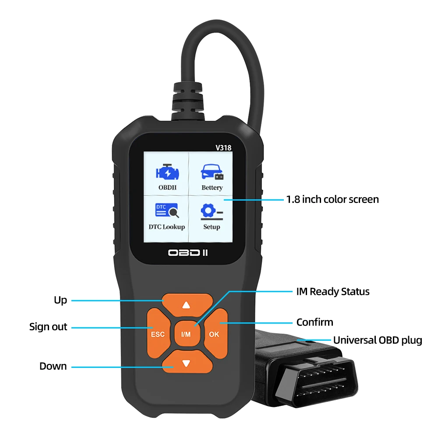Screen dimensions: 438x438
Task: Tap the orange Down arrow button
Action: click(x=187, y=362)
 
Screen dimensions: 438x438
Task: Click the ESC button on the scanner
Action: click(x=157, y=333)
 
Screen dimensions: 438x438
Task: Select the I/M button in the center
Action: click(x=186, y=334)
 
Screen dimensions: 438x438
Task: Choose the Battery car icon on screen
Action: click(x=212, y=171)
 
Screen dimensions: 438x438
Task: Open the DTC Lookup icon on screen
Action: click(x=166, y=211)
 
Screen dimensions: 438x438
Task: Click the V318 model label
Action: click(x=223, y=148)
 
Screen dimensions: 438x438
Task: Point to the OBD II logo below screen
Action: click(x=187, y=253)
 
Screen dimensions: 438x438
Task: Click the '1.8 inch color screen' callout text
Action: click(x=332, y=199)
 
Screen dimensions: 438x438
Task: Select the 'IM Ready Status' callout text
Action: click(x=333, y=291)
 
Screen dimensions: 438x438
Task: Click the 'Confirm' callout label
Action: click(x=314, y=322)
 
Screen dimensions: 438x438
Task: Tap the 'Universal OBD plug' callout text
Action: click(x=378, y=340)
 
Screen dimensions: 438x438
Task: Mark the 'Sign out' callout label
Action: click(x=48, y=327)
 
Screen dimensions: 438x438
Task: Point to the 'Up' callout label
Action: click(x=60, y=300)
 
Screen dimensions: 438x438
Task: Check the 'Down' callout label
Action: click(x=53, y=366)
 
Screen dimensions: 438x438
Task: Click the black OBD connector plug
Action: click(x=307, y=377)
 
